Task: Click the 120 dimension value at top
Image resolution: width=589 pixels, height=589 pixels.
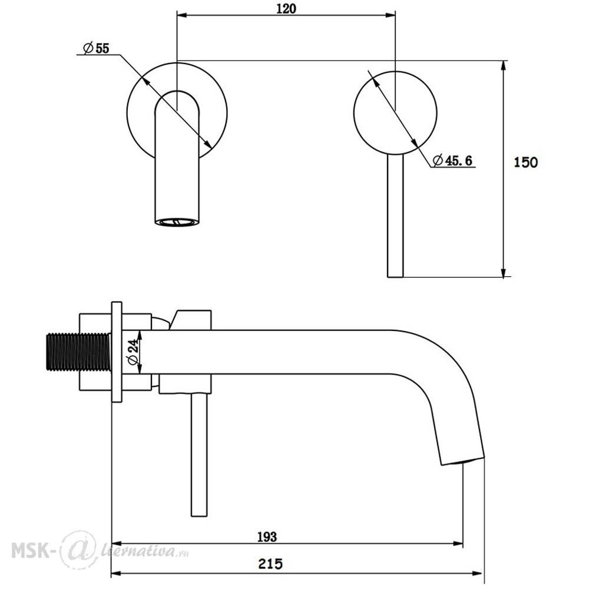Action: [286, 8]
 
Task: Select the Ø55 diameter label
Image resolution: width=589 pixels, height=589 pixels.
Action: [96, 48]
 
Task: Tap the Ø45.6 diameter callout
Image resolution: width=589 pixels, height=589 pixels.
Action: [452, 160]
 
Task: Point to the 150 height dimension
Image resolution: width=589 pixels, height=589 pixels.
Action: [525, 163]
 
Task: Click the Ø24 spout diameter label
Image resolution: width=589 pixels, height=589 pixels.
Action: [134, 352]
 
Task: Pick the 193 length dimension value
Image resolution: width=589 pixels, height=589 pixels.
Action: [267, 537]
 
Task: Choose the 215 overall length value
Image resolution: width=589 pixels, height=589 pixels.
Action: [270, 564]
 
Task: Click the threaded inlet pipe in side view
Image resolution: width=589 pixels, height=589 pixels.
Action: [78, 352]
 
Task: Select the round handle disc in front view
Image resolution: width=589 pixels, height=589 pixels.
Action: [395, 112]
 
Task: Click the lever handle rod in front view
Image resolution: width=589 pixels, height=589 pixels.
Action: [395, 216]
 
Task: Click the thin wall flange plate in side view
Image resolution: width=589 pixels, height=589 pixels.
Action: [117, 352]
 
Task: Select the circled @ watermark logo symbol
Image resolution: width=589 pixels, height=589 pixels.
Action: [79, 550]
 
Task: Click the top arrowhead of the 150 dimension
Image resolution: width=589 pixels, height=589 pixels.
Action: [504, 65]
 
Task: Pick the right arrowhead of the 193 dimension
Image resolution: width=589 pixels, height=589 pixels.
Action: [458, 544]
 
